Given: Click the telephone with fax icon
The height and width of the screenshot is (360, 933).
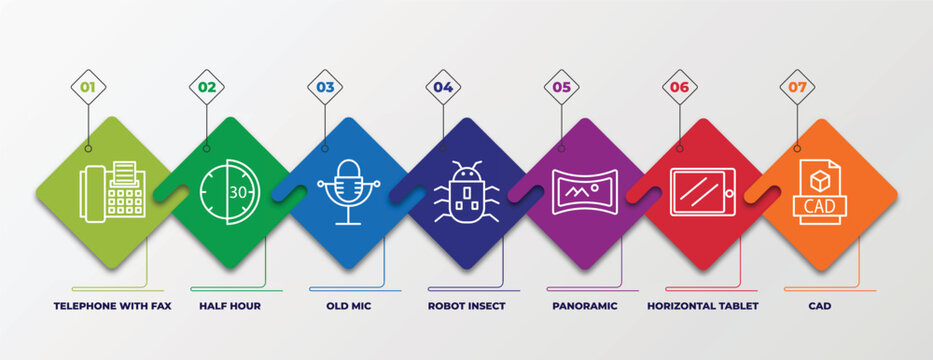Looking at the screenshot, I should click(112, 190).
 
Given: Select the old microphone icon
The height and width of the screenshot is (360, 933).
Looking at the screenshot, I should click(348, 191).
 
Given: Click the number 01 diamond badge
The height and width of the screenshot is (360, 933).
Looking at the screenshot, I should click(88, 87).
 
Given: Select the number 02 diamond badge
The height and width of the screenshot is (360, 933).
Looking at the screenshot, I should click(206, 87).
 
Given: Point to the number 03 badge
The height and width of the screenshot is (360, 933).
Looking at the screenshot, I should click(325, 87).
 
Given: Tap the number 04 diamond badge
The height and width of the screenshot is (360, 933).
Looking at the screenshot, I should click(443, 87).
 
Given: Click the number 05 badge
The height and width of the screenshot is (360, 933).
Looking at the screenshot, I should click(561, 87).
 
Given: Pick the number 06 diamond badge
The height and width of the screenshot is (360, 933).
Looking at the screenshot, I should click(679, 87).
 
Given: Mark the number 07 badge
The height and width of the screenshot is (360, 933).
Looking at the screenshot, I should click(797, 87).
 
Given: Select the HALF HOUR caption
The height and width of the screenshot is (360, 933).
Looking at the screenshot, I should click(230, 306).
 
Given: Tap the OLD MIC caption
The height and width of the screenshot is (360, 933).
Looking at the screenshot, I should click(348, 306).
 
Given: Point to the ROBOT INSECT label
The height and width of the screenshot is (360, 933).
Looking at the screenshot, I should click(466, 306).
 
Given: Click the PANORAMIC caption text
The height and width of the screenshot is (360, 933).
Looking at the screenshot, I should click(584, 306).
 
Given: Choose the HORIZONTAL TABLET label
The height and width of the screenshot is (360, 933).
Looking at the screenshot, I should click(702, 306).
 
